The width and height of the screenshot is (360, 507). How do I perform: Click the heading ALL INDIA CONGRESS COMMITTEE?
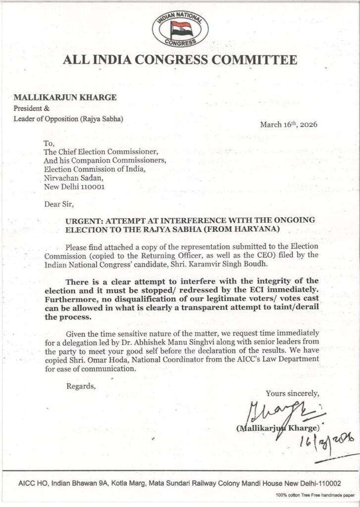180,60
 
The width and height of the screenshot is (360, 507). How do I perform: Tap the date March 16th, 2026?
288,124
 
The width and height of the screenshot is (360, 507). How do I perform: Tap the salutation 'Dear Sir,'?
59,203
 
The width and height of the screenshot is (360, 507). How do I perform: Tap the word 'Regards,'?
81,386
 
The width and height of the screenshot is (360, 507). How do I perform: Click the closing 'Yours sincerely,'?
293,394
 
